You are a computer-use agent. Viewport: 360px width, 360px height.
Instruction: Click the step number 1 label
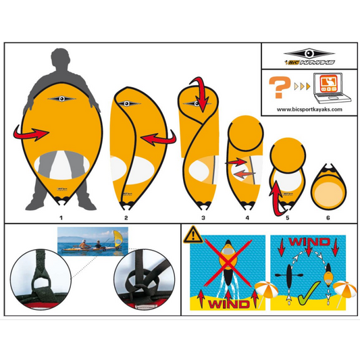tap(61, 217)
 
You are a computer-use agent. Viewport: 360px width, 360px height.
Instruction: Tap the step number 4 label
tap(247, 217)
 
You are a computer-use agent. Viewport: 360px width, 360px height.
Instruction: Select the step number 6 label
tap(328, 217)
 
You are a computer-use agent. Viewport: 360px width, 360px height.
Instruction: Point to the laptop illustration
tap(332, 88)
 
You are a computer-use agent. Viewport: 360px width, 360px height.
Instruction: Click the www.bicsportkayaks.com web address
tap(309, 109)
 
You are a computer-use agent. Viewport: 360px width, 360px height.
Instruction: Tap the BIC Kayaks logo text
tap(310, 62)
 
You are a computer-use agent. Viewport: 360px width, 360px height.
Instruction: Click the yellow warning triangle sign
tap(193, 235)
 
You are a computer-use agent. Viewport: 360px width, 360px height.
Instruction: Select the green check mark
tap(309, 292)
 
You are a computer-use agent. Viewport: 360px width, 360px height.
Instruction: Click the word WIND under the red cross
tap(229, 304)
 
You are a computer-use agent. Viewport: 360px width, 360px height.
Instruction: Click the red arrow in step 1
tap(31, 132)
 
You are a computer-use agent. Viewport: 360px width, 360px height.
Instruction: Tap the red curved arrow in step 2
tap(159, 138)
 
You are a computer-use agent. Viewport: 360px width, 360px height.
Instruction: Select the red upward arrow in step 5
tap(277, 197)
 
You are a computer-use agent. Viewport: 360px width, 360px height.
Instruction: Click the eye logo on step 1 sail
tap(61, 99)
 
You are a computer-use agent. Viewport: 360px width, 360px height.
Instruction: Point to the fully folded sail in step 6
tap(329, 186)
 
